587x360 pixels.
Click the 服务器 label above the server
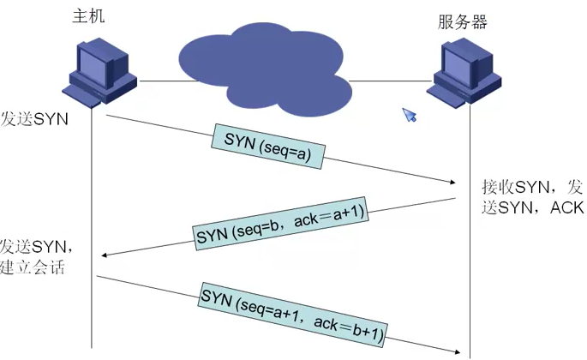click(x=463, y=21)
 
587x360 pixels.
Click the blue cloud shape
click(x=262, y=64)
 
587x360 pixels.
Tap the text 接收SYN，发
click(x=531, y=187)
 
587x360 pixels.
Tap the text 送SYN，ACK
click(x=531, y=207)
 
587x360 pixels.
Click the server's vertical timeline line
click(x=470, y=257)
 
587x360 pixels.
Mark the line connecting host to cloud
click(x=158, y=82)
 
